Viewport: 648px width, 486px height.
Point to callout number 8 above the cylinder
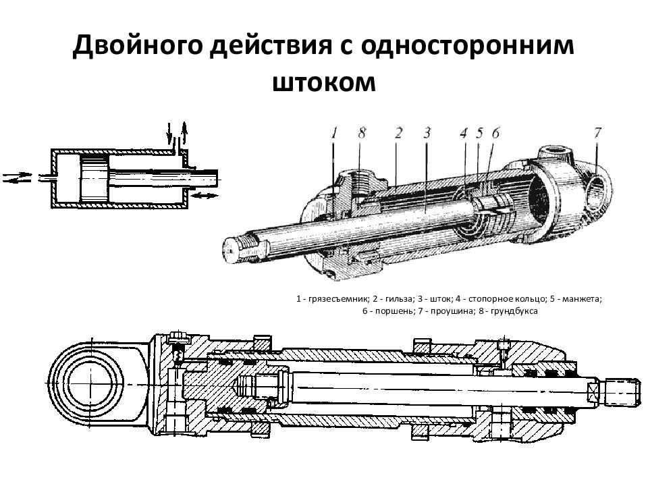click(362, 134)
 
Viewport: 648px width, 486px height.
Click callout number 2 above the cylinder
click(399, 133)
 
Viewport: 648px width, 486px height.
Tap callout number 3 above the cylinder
click(427, 133)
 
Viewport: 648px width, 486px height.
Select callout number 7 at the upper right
click(597, 132)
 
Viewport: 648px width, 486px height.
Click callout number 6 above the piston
click(495, 134)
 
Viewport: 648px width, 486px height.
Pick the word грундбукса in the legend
click(514, 311)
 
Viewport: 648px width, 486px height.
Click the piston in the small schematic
click(92, 177)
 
